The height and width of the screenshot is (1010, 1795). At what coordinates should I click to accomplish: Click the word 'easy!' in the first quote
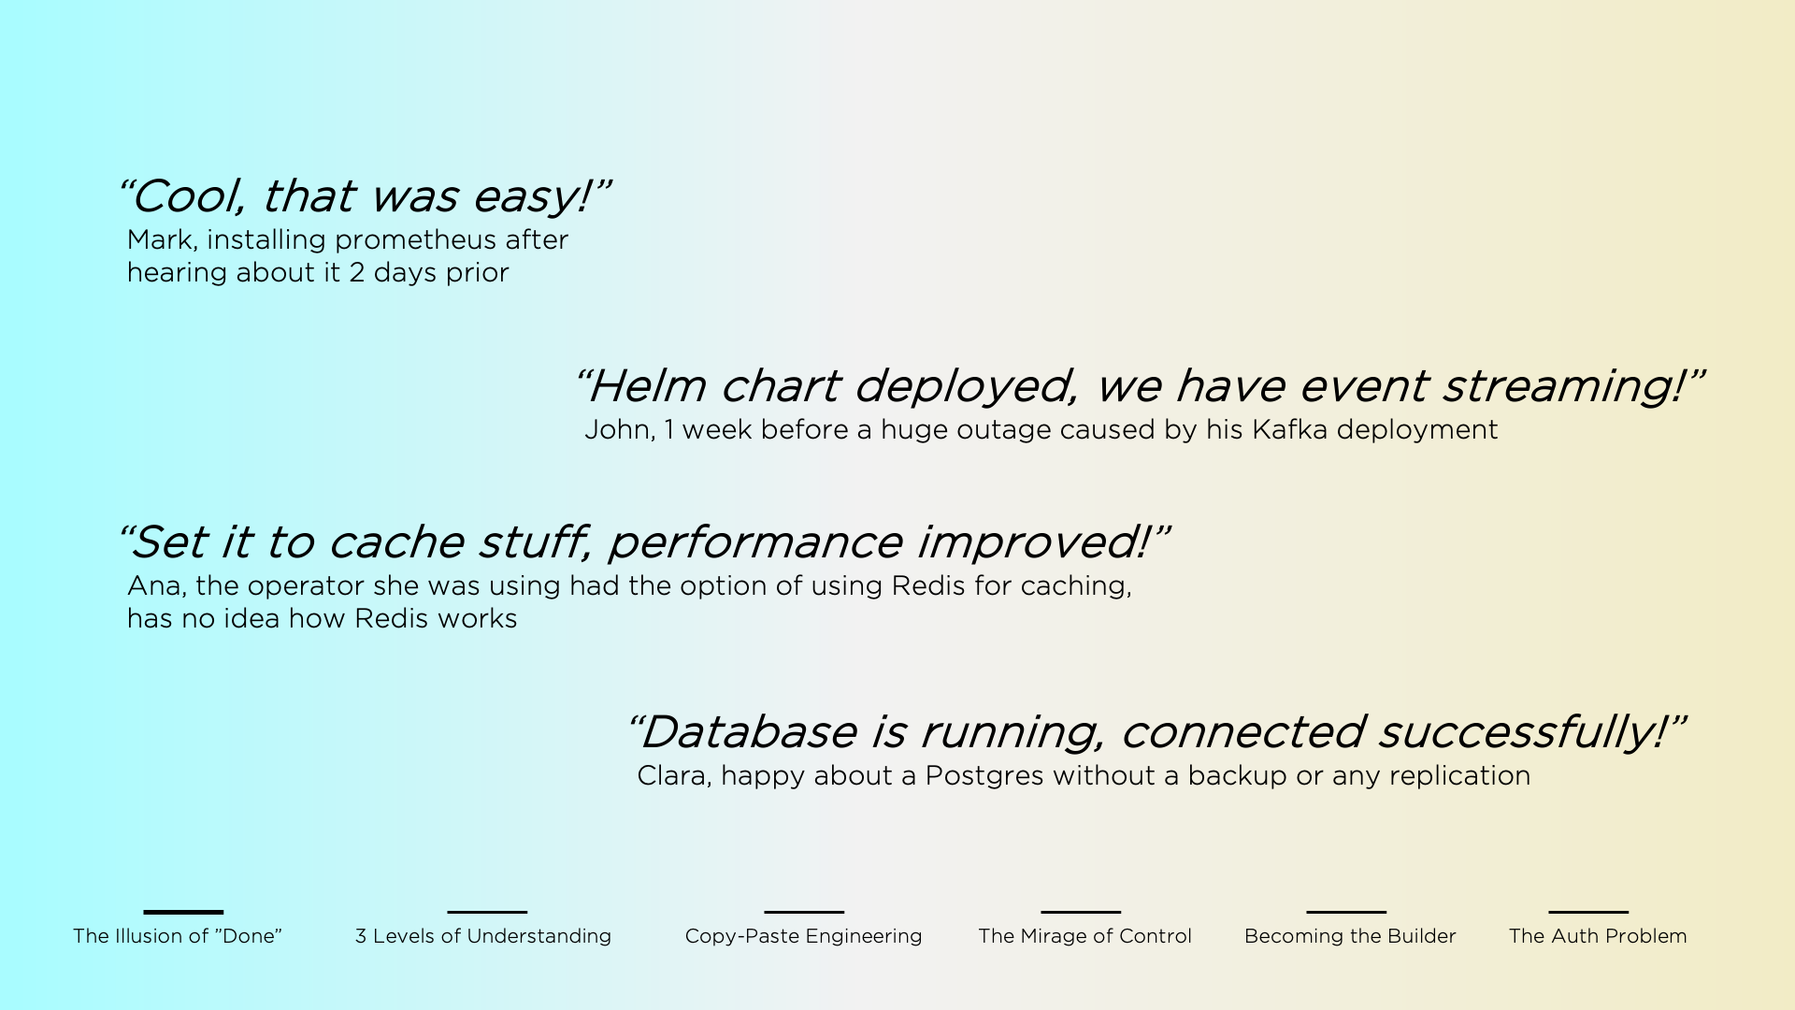530,196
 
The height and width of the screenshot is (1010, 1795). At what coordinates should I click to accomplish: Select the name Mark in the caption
159,240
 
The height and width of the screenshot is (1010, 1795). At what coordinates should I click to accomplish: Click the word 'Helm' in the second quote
647,386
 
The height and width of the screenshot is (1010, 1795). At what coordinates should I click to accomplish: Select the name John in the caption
617,430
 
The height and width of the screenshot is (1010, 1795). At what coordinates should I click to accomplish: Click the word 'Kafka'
1289,430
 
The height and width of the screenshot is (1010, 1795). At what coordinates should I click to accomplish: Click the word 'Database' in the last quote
748,732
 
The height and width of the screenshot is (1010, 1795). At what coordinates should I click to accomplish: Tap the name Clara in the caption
670,776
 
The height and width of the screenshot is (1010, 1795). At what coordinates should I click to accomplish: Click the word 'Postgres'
984,776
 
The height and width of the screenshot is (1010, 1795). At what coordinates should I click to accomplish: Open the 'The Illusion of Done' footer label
178,936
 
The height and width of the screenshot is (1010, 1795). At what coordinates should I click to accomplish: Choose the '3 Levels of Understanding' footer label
483,936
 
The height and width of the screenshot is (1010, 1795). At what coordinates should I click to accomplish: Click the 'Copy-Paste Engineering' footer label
803,936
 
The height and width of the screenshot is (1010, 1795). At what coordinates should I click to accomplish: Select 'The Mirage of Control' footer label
1084,936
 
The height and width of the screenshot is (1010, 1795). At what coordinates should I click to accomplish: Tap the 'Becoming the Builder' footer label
1350,936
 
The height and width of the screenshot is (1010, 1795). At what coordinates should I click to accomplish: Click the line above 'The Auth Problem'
1587,912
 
